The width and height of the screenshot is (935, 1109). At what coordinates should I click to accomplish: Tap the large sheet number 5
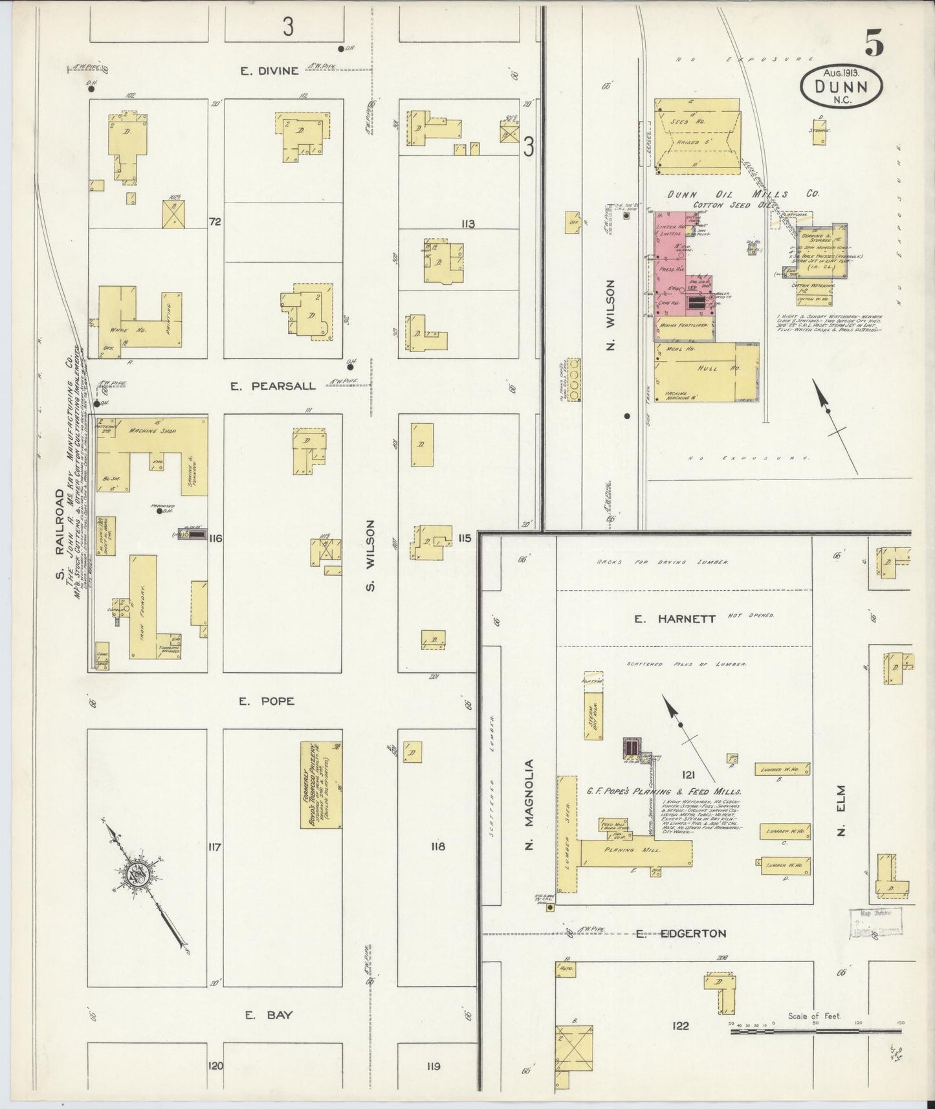pos(874,44)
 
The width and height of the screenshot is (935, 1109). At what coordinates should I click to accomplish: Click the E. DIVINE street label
pos(269,71)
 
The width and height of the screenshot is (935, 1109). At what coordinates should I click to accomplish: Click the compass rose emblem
pos(143,873)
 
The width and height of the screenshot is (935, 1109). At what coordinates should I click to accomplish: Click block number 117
pos(215,847)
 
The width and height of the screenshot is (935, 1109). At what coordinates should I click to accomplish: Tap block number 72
pos(215,222)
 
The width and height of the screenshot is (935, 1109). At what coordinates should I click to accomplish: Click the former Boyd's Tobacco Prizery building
pos(321,785)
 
